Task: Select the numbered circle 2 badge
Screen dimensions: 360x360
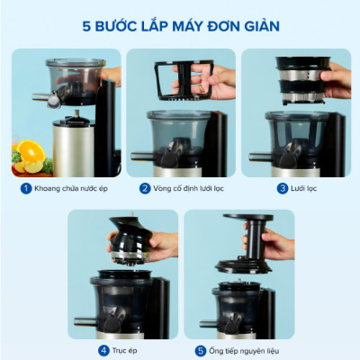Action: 144,188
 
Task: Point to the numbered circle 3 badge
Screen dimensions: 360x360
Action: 282,188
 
